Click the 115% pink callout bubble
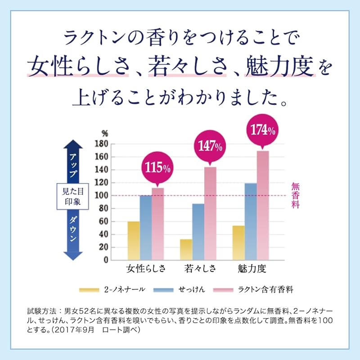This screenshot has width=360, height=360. [157, 168]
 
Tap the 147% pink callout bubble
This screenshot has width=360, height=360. [209, 146]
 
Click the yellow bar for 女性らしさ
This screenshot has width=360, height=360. [134, 240]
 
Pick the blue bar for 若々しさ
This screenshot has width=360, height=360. [198, 232]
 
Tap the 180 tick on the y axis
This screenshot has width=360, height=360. [103, 144]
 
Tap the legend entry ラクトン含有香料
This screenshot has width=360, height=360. [252, 289]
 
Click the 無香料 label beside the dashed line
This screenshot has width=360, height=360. [295, 195]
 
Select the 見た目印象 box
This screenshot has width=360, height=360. [70, 196]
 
